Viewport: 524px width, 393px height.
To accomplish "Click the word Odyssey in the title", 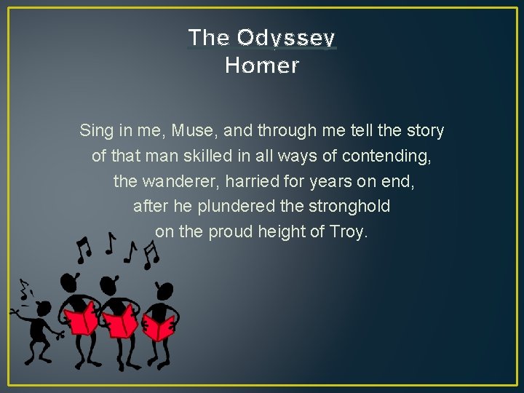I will [x=286, y=38].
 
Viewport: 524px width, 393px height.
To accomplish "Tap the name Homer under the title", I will [x=262, y=65].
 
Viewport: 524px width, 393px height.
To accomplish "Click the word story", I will [x=422, y=131].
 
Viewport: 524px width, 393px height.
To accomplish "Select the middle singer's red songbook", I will [x=121, y=320].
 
